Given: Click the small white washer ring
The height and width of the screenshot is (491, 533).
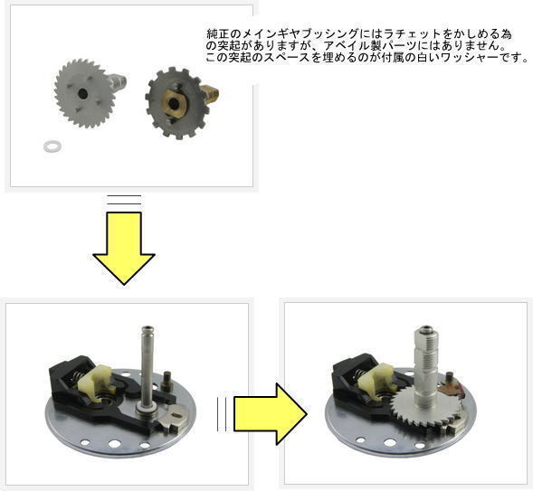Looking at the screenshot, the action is coord(52,146).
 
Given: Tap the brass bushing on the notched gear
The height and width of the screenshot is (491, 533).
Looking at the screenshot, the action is coord(174,102).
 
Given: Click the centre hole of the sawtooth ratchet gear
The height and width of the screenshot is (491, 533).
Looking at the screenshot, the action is coord(82,93).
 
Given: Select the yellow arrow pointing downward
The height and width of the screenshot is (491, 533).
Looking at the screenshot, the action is coord(124,248).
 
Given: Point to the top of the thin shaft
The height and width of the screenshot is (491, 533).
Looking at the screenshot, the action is coord(148,329).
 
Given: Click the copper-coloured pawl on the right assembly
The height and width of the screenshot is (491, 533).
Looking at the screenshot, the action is coord(452,390).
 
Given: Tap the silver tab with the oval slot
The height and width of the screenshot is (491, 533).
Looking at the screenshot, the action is coord(174,417).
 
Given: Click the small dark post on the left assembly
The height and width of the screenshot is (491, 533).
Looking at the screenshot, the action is coord(167,382).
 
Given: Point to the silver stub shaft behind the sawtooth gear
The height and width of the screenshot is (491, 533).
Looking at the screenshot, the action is coord(118,81).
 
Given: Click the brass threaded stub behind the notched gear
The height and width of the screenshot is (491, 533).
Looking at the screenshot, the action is coord(209,94).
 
